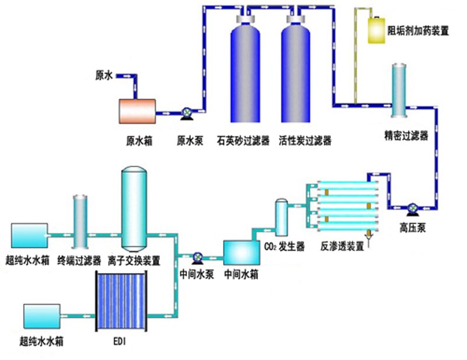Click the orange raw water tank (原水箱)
137,111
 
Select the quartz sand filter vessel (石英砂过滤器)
245,68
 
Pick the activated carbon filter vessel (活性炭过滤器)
296,68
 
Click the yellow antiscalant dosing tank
377,30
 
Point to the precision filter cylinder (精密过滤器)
399,90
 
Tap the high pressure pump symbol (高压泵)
413,209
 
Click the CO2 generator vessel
281,218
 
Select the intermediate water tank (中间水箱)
242,253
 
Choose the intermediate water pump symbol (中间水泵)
197,258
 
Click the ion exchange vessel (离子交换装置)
134,209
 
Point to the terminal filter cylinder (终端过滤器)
81,222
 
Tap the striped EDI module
121,300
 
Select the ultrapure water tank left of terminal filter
30,235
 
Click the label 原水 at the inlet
104,76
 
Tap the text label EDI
120,341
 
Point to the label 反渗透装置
343,247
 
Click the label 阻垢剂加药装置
418,31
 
